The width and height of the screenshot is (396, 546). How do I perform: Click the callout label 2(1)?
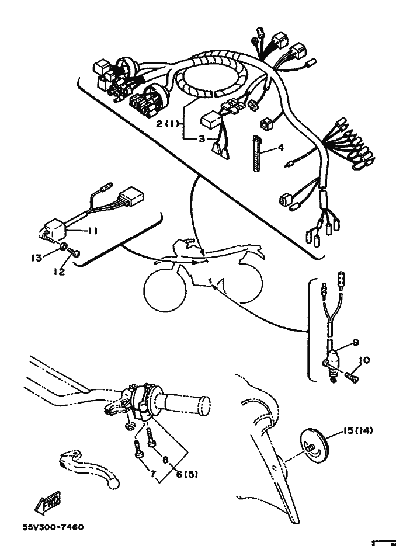(x=168, y=123)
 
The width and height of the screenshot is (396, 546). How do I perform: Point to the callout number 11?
(x=92, y=231)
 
